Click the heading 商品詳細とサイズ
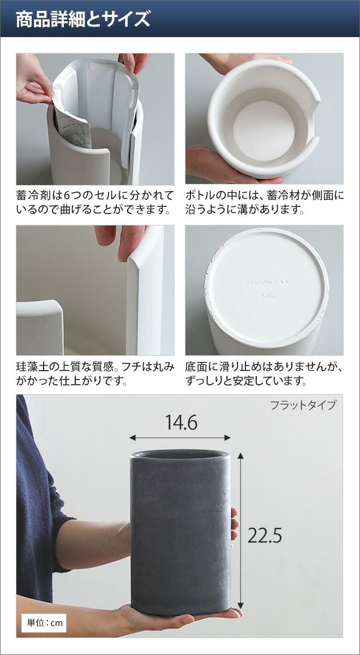pos(83,19)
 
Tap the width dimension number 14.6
pos(181,422)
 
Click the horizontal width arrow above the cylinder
pos(180,438)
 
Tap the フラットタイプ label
pos(303,405)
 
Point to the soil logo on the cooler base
pos(267,295)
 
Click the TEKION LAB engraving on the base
pos(268,283)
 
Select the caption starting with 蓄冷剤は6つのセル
pos(95,203)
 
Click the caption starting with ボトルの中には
pos(265,203)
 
